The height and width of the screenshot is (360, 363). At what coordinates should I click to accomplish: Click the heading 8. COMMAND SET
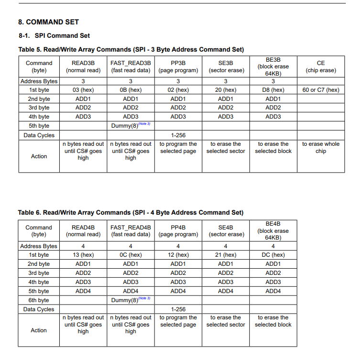(48, 22)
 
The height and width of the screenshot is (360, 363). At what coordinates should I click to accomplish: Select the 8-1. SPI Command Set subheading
(55, 35)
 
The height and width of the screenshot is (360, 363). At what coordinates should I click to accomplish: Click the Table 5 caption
(131, 49)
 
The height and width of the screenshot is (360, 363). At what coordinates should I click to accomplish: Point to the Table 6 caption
(131, 212)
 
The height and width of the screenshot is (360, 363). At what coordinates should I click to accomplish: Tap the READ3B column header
(83, 66)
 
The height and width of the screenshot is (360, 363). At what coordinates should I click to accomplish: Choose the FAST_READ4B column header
(131, 231)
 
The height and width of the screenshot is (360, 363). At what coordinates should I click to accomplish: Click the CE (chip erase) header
(320, 66)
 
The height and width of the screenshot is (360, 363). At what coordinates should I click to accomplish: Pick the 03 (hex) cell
(83, 90)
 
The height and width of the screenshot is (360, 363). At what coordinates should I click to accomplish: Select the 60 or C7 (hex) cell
(320, 90)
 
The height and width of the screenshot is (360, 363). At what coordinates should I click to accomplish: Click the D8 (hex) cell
(273, 90)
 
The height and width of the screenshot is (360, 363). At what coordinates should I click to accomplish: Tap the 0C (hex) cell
(131, 255)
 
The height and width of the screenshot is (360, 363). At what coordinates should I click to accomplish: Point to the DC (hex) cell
(273, 255)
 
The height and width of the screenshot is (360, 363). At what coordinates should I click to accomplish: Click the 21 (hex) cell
(226, 255)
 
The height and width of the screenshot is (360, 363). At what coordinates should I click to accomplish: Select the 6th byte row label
(39, 300)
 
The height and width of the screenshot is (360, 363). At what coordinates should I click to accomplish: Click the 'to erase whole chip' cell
(320, 147)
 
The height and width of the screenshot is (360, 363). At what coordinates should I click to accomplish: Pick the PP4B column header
(178, 231)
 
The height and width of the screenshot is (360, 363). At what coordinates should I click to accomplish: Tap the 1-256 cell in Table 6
(178, 309)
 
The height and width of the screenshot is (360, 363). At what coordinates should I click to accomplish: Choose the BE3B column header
(273, 66)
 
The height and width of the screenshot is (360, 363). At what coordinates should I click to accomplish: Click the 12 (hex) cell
(178, 255)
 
